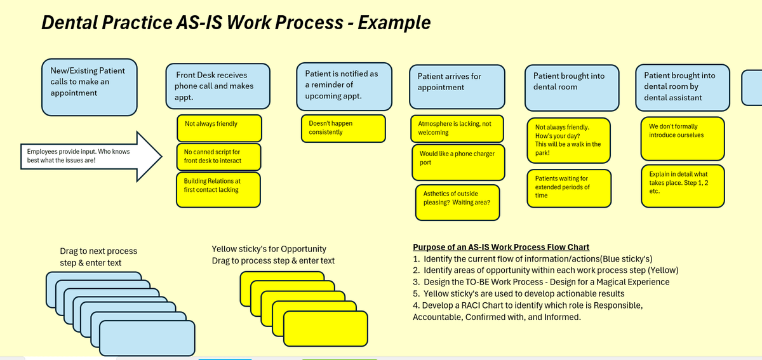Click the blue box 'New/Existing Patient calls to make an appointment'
tap(88, 87)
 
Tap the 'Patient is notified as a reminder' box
tap(342, 84)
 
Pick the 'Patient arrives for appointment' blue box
tap(458, 87)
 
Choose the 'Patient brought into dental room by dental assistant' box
tap(681, 87)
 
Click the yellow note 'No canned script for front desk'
tap(218, 157)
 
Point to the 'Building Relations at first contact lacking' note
tap(218, 189)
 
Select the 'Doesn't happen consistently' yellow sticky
tap(342, 128)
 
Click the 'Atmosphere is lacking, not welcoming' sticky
tap(457, 128)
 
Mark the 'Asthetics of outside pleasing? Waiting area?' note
tap(457, 202)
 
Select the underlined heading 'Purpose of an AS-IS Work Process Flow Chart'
tap(501, 247)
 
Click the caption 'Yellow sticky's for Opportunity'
tap(269, 249)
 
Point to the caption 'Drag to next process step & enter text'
tap(98, 257)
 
